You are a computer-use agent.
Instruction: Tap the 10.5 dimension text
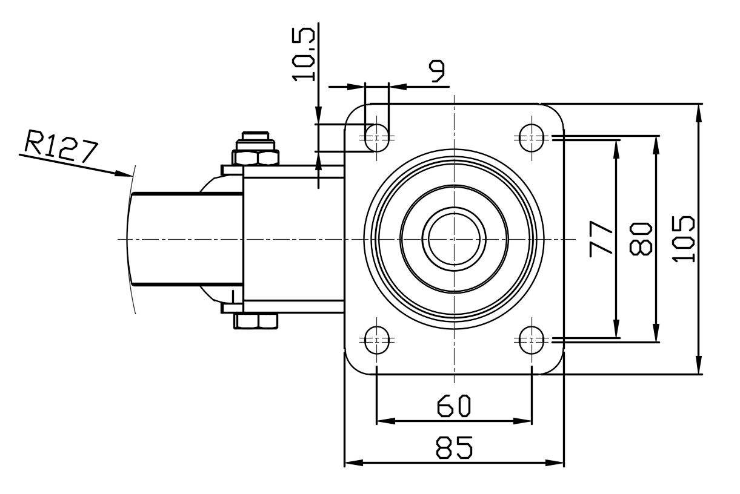pos(303,54)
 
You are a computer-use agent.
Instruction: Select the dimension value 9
pos(437,71)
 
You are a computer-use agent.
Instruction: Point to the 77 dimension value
pos(601,239)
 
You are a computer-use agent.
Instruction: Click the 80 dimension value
pos(641,239)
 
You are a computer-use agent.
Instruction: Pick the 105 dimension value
pos(683,239)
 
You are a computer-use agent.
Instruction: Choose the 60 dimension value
pos(453,406)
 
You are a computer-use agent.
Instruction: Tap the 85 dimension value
pos(454,447)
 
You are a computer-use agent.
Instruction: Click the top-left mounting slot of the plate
pos(376,138)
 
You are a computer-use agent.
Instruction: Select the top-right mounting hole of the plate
pos(532,138)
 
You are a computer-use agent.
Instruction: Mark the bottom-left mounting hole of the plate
pos(376,340)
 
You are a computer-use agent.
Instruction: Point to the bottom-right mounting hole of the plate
pos(532,340)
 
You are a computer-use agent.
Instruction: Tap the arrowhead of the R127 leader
pos(124,174)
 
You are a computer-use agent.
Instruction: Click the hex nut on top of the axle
pos(256,157)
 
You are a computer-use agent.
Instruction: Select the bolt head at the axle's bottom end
pos(256,321)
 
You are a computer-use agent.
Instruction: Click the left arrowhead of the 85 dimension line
pos(354,463)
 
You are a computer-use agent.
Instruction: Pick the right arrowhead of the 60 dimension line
pos(522,421)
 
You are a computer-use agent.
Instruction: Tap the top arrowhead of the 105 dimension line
pos(699,113)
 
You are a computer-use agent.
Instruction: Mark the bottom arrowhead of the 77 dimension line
pos(616,329)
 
